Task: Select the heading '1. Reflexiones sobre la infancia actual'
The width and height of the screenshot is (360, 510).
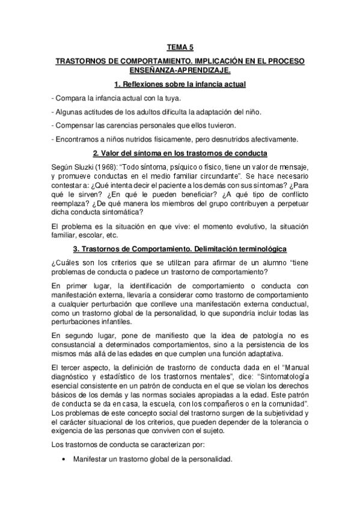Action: tap(180, 84)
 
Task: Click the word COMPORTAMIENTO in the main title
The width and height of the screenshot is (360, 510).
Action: tap(157, 61)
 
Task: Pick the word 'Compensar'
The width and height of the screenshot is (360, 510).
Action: tap(76, 125)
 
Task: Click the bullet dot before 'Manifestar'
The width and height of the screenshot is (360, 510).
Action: tap(64, 459)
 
